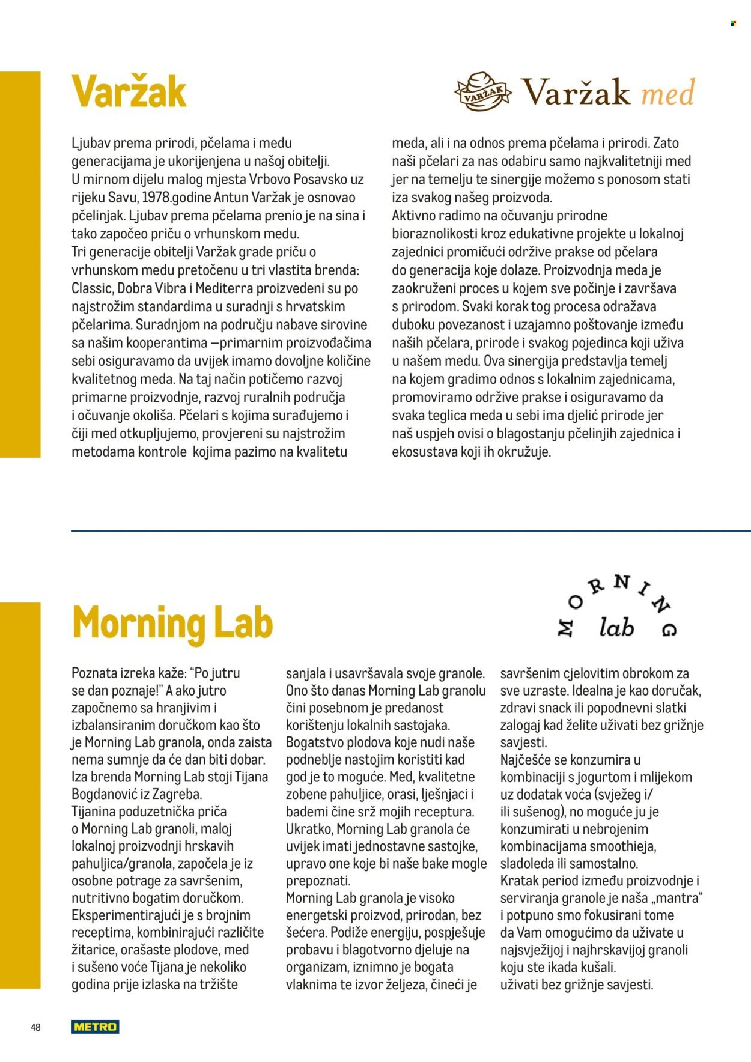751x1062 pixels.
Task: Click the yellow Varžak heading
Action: (129, 92)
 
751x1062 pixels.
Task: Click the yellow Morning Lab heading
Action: (172, 622)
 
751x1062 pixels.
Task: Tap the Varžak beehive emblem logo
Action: (483, 92)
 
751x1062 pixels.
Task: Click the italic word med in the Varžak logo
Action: (667, 93)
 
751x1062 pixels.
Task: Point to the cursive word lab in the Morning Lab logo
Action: (616, 628)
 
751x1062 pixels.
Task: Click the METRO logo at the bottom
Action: (95, 1027)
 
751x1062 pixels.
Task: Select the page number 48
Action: (35, 1027)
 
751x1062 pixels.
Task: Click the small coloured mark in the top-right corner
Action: (733, 23)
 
